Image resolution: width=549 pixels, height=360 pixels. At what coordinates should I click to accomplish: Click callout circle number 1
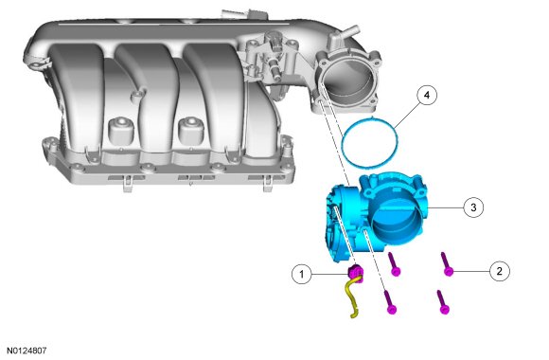(x=302, y=274)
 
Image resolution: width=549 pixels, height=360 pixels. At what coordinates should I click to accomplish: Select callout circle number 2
(x=499, y=271)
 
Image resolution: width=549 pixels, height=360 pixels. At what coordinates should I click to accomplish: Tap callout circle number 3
(x=473, y=207)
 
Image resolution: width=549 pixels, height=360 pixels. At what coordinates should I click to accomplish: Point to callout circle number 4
(x=427, y=95)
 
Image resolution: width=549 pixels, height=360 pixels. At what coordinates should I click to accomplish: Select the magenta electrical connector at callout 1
(x=355, y=273)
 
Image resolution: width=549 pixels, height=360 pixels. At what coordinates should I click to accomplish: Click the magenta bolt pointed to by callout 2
(x=446, y=264)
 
